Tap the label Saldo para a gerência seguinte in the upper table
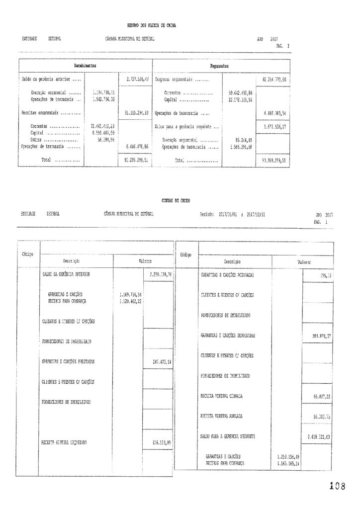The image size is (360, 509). coord(186,127)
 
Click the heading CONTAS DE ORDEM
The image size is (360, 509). coord(176,200)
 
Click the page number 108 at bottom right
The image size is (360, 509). coord(337,486)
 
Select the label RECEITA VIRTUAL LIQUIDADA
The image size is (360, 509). coord(65,442)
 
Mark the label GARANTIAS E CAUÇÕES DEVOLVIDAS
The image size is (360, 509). coord(228,336)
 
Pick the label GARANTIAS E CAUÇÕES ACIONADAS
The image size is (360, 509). coord(228,274)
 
